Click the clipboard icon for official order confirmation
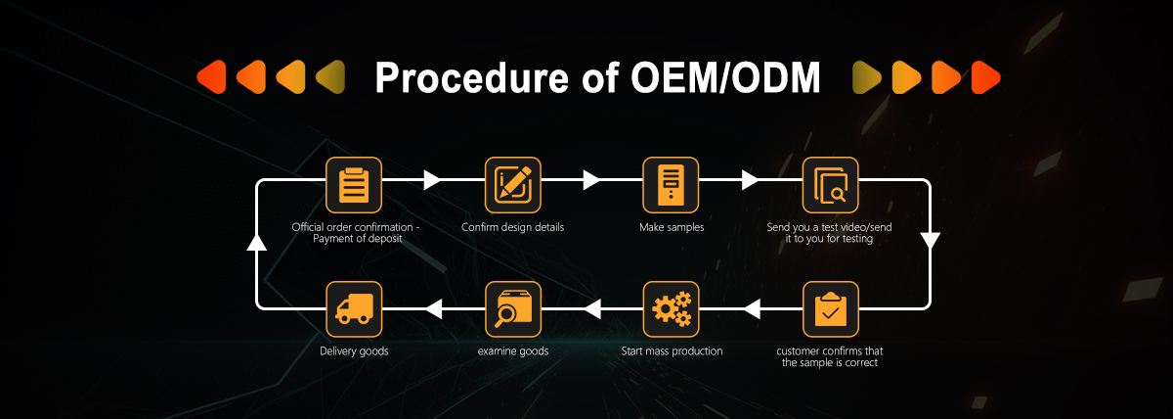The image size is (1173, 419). point(354,185)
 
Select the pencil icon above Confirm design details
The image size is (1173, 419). point(512,185)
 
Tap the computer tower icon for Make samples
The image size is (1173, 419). point(671,185)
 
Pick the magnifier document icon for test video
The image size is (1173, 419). point(831,185)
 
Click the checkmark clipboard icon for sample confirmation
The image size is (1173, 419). point(831,309)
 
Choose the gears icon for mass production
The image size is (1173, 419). point(671,309)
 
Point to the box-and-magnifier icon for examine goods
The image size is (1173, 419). point(512,309)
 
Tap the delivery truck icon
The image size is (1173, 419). point(354,309)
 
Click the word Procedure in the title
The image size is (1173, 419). point(472,77)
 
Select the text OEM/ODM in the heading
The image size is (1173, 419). point(725,77)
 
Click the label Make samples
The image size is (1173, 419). point(672,227)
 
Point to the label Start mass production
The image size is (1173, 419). point(672,350)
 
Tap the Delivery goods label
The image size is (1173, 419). point(354,350)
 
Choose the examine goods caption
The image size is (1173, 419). point(512,350)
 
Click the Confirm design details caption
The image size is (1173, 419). point(512,227)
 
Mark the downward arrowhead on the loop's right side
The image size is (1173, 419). point(930,241)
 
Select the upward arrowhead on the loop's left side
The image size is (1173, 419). point(256,242)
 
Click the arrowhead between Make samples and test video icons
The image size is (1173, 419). point(750,180)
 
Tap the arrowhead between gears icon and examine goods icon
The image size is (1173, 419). point(592,309)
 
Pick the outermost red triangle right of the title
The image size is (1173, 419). point(985,77)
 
